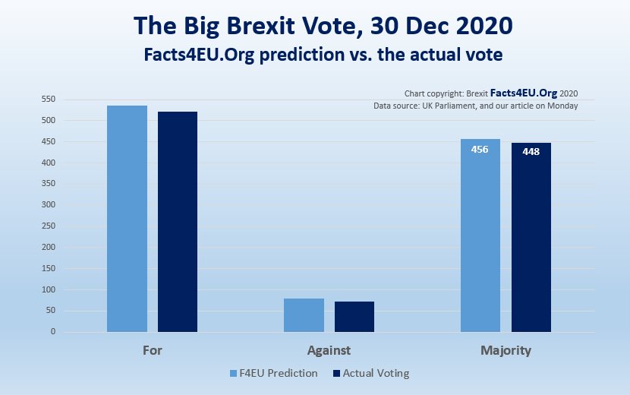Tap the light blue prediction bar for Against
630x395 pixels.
coord(304,315)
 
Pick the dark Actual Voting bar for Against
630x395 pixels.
coord(354,317)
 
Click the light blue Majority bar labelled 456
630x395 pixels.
coord(480,243)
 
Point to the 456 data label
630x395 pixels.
coord(480,150)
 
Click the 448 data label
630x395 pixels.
coord(531,152)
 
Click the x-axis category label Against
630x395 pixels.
coord(329,352)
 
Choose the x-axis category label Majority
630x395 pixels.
coord(506,352)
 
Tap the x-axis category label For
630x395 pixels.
coord(152,352)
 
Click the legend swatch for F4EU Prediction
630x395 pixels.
coord(234,374)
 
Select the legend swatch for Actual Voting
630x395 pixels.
coord(336,374)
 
